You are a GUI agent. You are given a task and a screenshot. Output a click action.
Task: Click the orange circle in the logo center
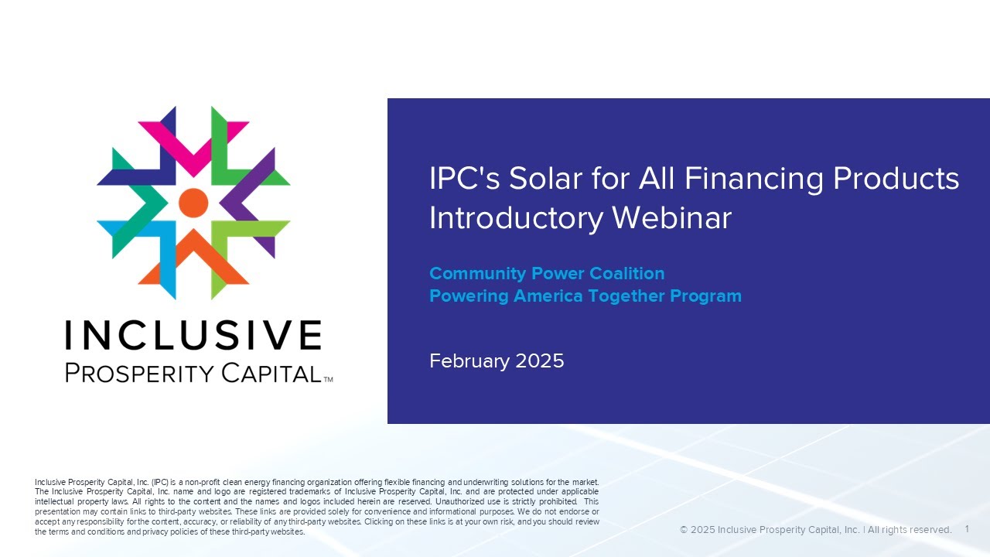point(193,203)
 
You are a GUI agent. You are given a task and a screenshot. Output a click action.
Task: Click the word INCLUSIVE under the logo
point(193,336)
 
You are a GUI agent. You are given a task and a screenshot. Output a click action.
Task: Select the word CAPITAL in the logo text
point(271,373)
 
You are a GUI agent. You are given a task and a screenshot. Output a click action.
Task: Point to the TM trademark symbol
point(328,380)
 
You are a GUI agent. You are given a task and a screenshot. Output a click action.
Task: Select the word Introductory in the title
point(516,217)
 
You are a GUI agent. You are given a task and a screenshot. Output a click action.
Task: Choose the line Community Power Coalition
point(547,273)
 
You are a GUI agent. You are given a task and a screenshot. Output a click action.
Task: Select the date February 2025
point(497,361)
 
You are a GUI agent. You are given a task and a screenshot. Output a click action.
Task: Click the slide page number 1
point(968,529)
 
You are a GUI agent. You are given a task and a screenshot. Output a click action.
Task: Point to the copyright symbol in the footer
point(684,530)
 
